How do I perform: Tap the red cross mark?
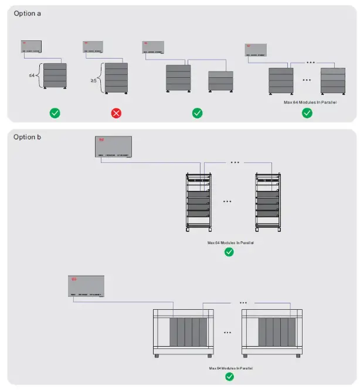(x=116, y=112)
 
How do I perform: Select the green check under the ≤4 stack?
(x=55, y=112)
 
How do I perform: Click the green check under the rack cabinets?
(x=229, y=252)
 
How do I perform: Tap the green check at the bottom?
(x=229, y=377)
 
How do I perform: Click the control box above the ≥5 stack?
(x=93, y=47)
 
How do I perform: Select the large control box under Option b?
(x=113, y=146)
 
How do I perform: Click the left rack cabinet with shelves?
(x=199, y=200)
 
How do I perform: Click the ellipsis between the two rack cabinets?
(x=227, y=201)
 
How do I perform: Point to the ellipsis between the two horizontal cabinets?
(x=227, y=332)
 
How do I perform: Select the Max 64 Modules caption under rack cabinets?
(x=231, y=242)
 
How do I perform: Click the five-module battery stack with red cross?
(x=116, y=77)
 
